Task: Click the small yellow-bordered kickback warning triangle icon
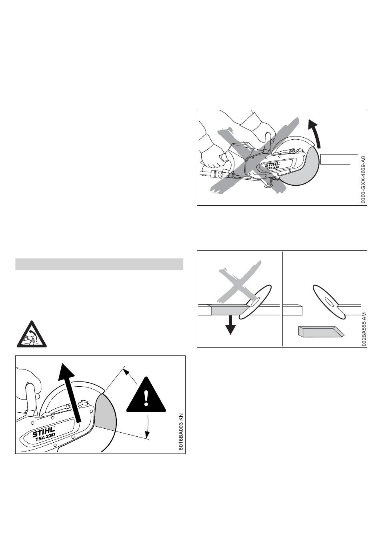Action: [32, 334]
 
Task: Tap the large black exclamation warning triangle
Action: [146, 395]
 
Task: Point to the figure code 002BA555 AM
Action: [364, 329]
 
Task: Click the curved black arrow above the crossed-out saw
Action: [315, 133]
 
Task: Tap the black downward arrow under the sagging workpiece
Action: [230, 325]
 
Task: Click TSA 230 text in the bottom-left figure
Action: [46, 437]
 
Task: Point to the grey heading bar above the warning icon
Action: [99, 264]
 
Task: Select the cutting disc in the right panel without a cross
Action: [329, 302]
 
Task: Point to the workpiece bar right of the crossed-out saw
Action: [339, 159]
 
